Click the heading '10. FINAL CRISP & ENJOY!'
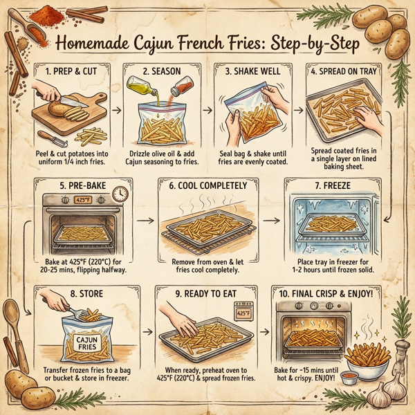333,293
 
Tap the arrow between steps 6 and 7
273,221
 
